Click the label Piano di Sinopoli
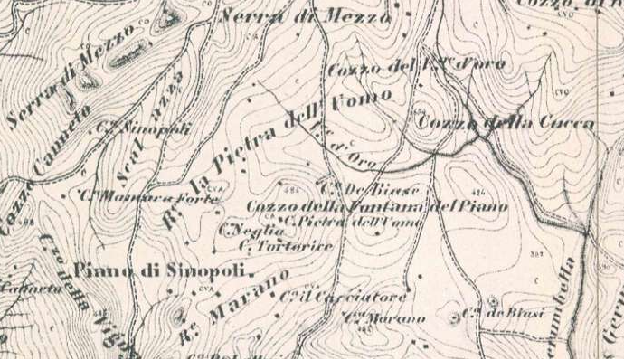coord(163,270)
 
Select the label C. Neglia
coord(241,229)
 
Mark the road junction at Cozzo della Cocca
coord(487,134)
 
